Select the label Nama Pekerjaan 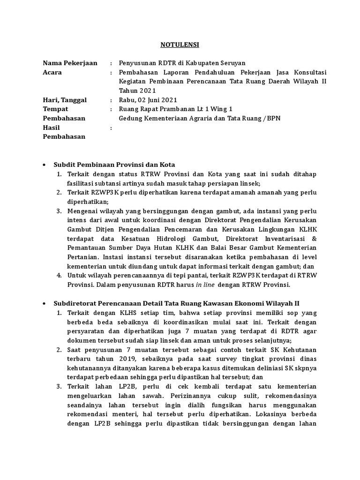click(70, 63)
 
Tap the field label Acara click(52, 73)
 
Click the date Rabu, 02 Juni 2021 click(148, 100)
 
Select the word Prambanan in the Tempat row click(188, 109)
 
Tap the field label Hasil click(52, 127)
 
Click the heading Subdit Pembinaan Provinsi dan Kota click(114, 165)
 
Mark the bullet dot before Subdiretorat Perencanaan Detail click(44, 303)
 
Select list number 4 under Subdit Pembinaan click(59, 276)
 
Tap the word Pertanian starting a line click(82, 257)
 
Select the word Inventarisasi click(285, 239)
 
